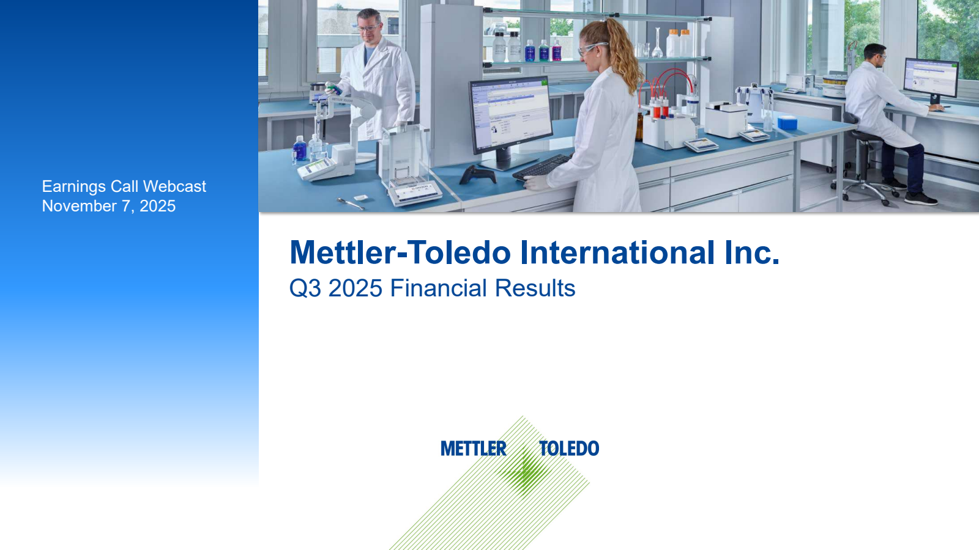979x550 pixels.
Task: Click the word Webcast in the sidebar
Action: (174, 186)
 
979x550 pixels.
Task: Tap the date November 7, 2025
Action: (108, 206)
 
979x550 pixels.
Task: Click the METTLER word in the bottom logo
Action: (474, 449)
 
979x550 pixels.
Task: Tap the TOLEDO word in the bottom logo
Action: (569, 449)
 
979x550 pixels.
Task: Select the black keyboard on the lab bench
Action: (542, 168)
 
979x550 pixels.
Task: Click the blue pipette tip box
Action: (787, 123)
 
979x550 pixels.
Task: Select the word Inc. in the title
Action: (752, 252)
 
